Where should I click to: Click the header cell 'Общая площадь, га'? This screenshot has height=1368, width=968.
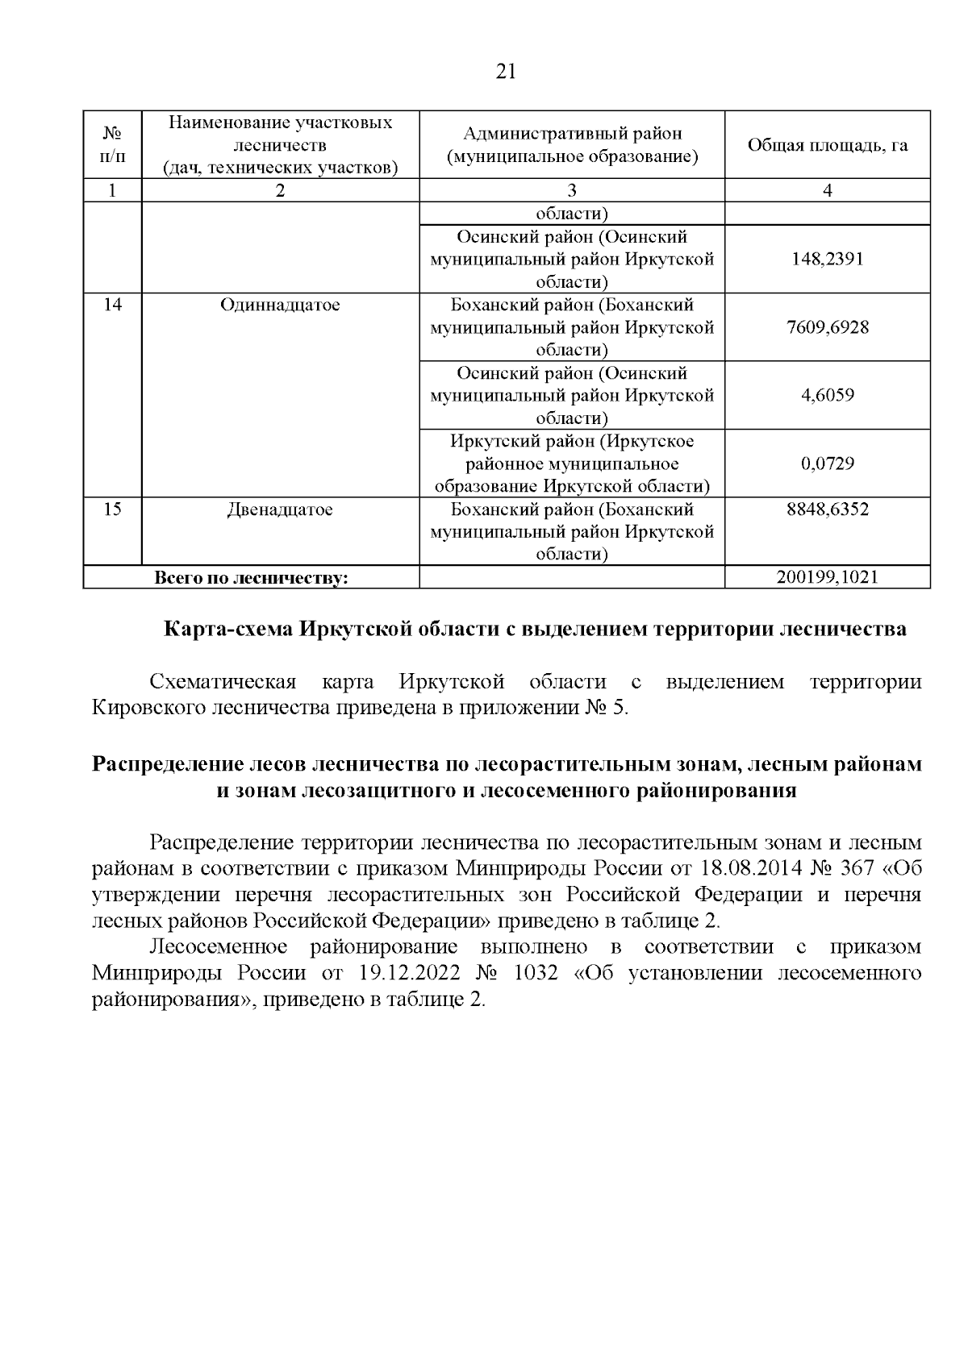coord(827,145)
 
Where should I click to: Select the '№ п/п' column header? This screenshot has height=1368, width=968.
coord(112,145)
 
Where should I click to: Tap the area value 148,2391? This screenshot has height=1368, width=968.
coord(827,260)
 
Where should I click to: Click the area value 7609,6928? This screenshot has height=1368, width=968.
coord(827,327)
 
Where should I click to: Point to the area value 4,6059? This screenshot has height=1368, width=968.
coord(827,395)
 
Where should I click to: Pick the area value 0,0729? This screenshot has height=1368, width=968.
coord(827,464)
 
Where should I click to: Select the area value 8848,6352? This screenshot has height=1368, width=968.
coord(827,509)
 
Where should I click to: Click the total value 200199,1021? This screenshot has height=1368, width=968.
coord(827,577)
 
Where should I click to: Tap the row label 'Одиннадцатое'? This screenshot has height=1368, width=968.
coord(280,305)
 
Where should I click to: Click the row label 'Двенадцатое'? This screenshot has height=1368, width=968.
coord(280,509)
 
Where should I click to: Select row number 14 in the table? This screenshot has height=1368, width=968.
coord(112,305)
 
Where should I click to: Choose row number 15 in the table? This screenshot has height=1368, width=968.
coord(112,509)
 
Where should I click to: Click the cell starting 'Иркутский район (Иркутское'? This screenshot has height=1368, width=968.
coord(572,464)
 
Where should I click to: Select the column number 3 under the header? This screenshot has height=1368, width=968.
coord(572,190)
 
